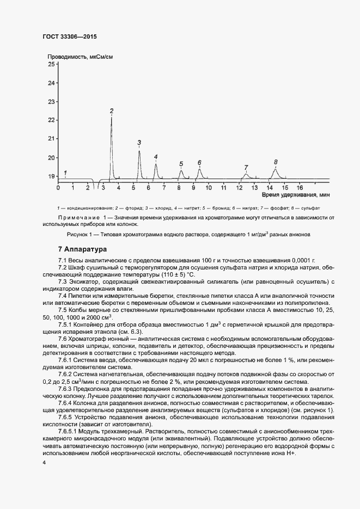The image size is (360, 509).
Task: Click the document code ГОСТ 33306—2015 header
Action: pyautogui.click(x=70, y=36)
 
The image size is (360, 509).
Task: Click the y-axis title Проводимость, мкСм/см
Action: pyautogui.click(x=80, y=57)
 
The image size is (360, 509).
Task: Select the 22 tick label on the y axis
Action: pyautogui.click(x=52, y=120)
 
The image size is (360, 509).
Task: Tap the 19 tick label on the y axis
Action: pyautogui.click(x=52, y=176)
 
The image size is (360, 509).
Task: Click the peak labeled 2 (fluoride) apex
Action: pyautogui.click(x=112, y=118)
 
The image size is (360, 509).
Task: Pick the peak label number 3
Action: pyautogui.click(x=139, y=143)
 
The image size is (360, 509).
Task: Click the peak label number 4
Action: pyautogui.click(x=156, y=157)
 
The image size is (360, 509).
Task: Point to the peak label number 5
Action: pyautogui.click(x=181, y=164)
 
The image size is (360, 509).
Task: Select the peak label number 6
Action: pyautogui.click(x=199, y=163)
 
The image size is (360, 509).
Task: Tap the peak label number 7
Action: pyautogui.click(x=246, y=168)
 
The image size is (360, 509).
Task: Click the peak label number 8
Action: pyautogui.click(x=276, y=162)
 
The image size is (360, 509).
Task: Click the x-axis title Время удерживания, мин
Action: pyautogui.click(x=295, y=194)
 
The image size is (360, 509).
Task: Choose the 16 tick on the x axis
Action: pyautogui.click(x=300, y=187)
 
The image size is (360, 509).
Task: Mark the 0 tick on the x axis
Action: pyautogui.click(x=58, y=187)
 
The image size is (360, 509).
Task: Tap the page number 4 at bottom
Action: pyautogui.click(x=44, y=462)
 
